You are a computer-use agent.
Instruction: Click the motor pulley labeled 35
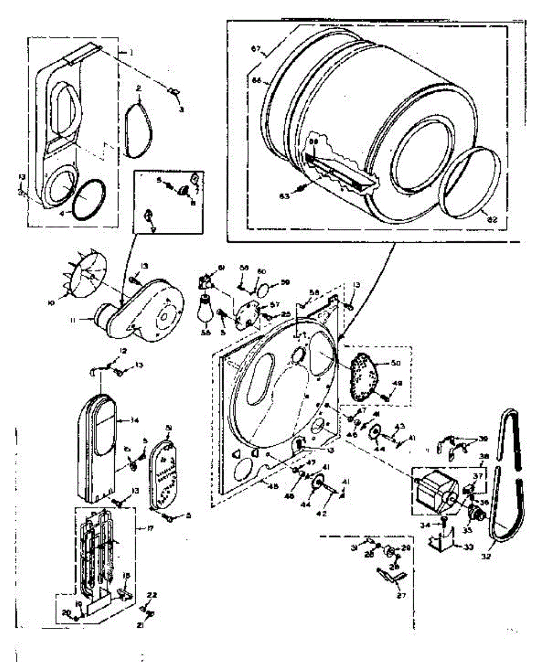click(475, 517)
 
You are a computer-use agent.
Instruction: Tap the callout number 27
click(398, 596)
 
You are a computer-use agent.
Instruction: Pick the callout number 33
click(469, 547)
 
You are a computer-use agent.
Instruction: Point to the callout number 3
click(181, 109)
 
